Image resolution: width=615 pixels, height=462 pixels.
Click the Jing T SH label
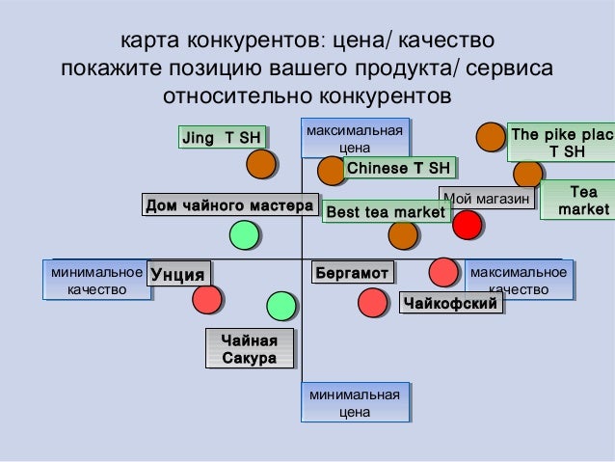[221, 138]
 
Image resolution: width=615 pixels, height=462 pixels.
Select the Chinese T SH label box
[397, 170]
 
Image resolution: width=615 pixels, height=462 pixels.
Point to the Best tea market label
[386, 211]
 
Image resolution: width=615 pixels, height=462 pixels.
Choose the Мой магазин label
[487, 199]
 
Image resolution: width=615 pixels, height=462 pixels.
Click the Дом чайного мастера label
[229, 205]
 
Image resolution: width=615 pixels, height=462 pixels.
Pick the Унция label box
[179, 275]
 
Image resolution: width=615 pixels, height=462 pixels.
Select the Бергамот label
[352, 274]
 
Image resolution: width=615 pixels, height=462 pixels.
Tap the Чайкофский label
[452, 305]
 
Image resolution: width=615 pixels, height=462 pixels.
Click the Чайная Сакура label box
[250, 349]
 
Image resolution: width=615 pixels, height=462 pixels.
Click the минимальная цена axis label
[354, 403]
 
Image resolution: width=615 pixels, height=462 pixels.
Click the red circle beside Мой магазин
[468, 225]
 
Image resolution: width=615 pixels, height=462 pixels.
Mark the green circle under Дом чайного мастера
[245, 234]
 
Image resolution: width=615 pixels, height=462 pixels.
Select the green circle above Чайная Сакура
[281, 306]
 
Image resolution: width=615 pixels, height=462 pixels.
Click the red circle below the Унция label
[207, 300]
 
